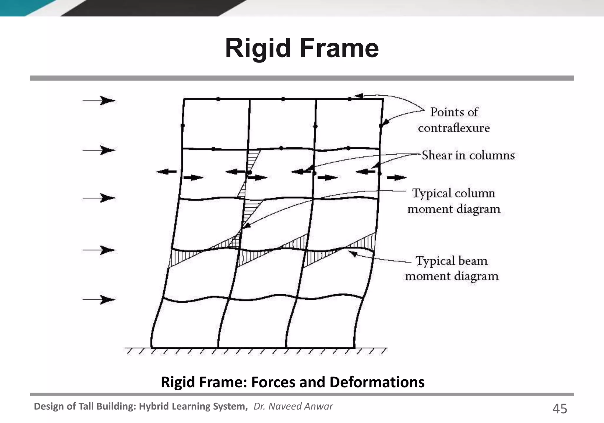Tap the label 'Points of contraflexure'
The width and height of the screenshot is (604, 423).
pos(454,120)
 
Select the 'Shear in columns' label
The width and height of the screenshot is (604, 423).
pos(468,155)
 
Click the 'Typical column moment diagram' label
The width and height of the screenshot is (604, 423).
pos(454,201)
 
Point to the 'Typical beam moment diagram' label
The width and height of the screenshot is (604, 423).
pos(452,268)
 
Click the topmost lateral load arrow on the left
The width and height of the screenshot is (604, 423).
pos(99,101)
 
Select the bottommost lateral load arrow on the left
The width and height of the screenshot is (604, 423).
pos(99,300)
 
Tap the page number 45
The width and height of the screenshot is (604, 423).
pos(559,409)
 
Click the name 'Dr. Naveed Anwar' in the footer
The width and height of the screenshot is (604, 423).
pos(293,406)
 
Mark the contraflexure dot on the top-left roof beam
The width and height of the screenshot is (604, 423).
pos(218,99)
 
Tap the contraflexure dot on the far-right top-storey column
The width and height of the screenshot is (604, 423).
pos(381,126)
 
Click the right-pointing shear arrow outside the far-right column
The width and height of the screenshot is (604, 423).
pos(397,178)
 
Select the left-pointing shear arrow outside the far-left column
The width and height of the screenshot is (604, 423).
pos(166,172)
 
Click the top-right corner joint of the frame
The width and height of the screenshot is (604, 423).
pos(383,100)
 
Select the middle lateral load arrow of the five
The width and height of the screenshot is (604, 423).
pos(99,198)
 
